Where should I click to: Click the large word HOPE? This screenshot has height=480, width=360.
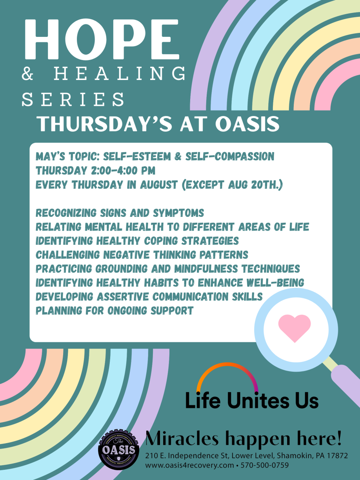(x=102, y=39)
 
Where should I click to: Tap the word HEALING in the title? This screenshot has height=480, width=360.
(x=120, y=73)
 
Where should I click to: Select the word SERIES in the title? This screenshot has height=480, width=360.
(x=73, y=99)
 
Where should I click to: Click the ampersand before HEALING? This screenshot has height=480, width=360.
(x=27, y=73)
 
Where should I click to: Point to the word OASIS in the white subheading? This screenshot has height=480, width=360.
(x=247, y=124)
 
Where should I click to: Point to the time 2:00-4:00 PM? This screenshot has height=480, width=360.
(x=123, y=171)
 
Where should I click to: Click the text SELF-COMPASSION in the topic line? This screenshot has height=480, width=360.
(x=230, y=156)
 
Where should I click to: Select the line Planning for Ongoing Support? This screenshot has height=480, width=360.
(x=115, y=311)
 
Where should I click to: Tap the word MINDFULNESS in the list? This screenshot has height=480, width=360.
(x=206, y=269)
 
